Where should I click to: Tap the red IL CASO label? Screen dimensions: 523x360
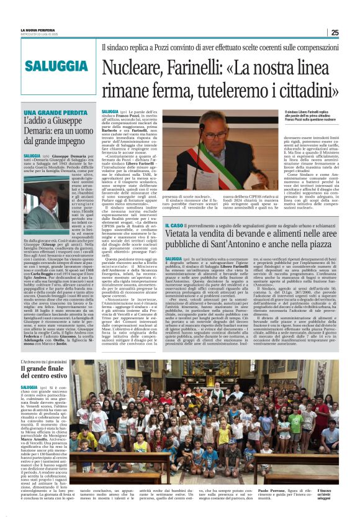pos(174,225)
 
